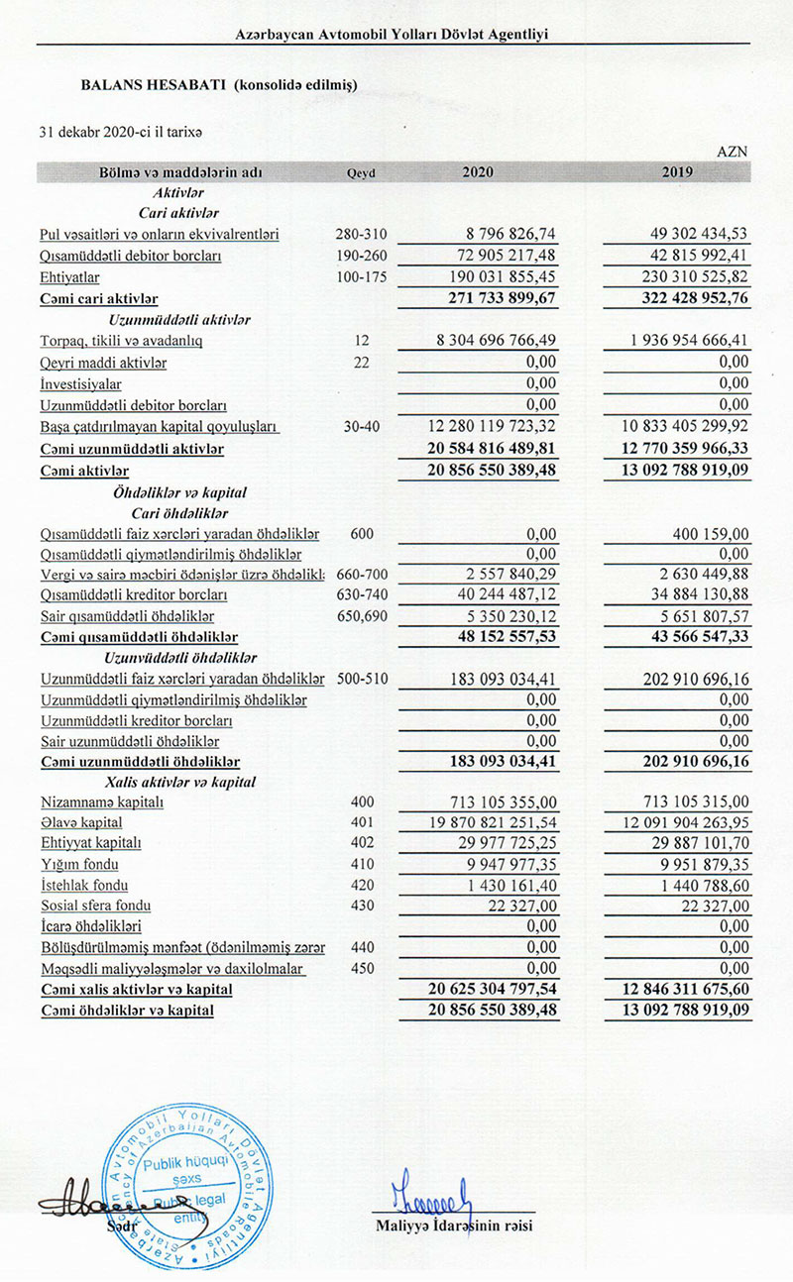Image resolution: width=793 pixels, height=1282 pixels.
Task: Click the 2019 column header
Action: coord(677,171)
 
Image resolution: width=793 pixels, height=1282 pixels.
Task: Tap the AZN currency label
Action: coord(733,151)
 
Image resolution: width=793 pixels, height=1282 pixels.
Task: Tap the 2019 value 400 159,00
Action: coord(707,533)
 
